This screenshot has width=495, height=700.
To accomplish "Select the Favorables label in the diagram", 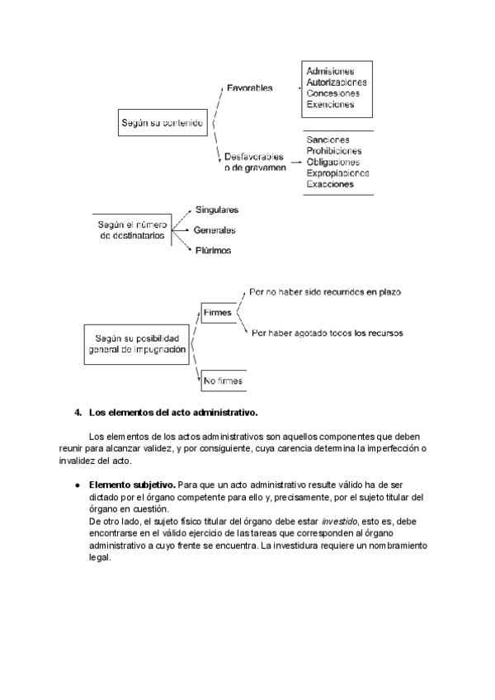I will coord(250,87).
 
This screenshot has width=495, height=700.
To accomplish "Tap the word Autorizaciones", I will coord(337,83).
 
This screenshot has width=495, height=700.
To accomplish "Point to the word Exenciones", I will coord(330,105).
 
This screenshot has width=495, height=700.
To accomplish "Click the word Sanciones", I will coord(328,140).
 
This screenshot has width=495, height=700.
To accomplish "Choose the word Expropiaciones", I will coord(337,173).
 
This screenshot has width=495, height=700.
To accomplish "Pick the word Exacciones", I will coord(330,185).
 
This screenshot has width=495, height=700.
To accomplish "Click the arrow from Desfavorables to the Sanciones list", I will coord(294,163).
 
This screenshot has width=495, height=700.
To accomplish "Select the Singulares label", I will coord(217,210).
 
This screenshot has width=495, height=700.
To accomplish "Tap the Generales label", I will coord(214,230).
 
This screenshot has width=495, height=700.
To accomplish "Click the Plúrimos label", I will coord(213,250).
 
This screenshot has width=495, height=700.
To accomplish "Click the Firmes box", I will coord(218,313).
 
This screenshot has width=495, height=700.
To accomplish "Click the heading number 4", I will coord(77,411).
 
